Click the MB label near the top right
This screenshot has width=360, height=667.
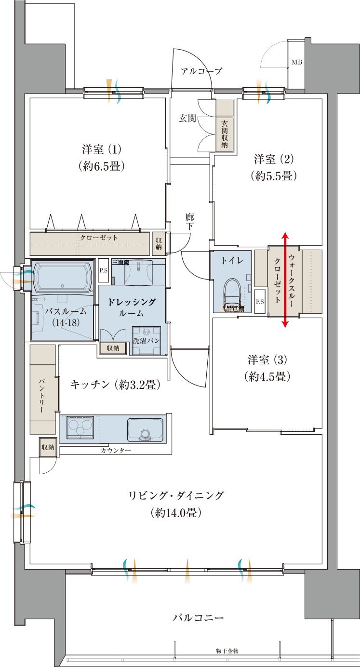296,62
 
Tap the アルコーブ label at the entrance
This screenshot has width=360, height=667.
201,71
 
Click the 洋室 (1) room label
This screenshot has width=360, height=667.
101,148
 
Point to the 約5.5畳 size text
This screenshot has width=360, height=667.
273,176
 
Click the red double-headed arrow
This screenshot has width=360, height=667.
285,280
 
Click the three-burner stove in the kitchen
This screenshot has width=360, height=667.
80,427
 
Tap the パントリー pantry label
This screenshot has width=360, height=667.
42,396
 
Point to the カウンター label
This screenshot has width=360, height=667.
116,451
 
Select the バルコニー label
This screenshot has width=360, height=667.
198,617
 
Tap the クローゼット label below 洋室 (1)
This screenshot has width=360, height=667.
99,238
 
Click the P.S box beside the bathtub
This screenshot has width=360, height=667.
104,271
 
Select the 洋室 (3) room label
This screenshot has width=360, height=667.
267,360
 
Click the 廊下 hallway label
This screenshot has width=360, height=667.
189,222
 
